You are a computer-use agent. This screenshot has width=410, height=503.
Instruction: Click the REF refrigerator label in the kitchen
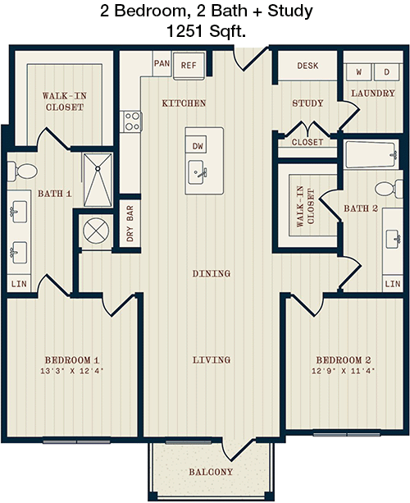tap(189, 66)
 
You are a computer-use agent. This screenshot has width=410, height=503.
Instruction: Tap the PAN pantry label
tap(162, 63)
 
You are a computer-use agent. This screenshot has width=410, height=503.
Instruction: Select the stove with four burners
tap(131, 121)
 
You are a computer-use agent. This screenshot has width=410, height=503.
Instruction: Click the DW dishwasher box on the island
tap(198, 146)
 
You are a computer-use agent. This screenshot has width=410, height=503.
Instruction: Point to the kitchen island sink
tap(196, 172)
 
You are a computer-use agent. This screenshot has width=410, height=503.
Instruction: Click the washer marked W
tap(358, 72)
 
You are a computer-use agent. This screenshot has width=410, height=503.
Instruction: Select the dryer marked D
tap(386, 72)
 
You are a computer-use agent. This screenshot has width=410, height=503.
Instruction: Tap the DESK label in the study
tap(307, 66)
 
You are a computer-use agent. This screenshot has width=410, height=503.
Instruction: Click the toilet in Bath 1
tap(22, 171)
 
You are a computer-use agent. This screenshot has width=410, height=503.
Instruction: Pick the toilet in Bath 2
tap(389, 188)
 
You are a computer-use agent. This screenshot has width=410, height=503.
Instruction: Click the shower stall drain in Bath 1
tap(98, 168)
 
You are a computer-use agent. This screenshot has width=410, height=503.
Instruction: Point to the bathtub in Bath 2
tap(371, 155)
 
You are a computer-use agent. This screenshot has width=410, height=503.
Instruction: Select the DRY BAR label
tap(130, 223)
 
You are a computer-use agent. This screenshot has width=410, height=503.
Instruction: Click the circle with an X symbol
tap(96, 231)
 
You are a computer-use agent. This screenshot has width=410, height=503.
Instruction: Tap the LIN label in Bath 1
tap(19, 284)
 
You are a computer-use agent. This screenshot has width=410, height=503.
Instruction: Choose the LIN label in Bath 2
tap(393, 284)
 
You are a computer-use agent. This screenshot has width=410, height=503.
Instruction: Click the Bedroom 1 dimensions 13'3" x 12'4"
tap(72, 371)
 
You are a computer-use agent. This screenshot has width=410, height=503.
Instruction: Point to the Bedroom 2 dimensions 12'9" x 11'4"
tap(344, 371)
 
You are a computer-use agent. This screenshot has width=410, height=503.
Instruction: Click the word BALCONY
tap(211, 472)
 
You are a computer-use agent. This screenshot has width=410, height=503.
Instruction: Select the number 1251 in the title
tap(185, 31)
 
